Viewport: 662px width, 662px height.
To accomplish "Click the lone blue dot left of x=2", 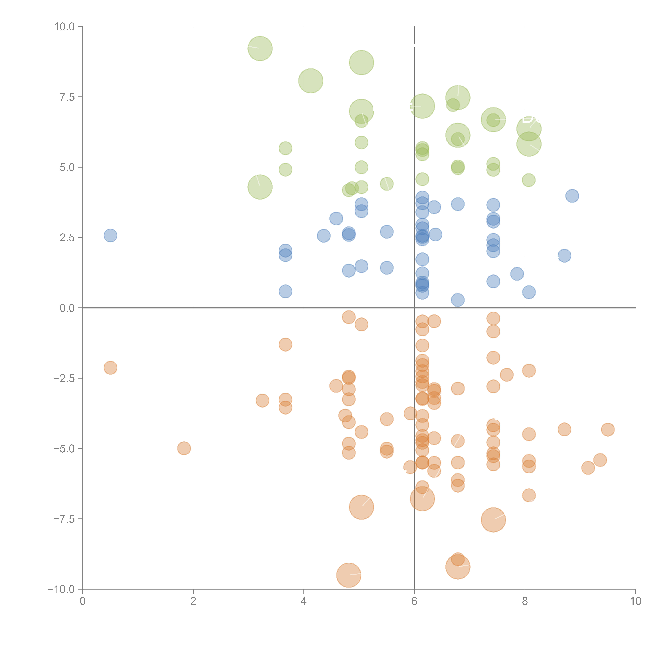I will [110, 235].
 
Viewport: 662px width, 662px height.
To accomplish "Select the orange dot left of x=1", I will [110, 368].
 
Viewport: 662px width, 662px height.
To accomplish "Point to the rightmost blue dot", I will [572, 196].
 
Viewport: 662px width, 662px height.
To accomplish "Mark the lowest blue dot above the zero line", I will [458, 300].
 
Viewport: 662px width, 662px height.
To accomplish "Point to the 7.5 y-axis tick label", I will [67, 97].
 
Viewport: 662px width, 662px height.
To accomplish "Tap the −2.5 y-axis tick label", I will [64, 378].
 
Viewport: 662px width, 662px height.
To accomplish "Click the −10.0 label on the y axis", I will [62, 589].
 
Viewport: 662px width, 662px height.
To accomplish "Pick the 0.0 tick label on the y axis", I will [67, 308].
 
